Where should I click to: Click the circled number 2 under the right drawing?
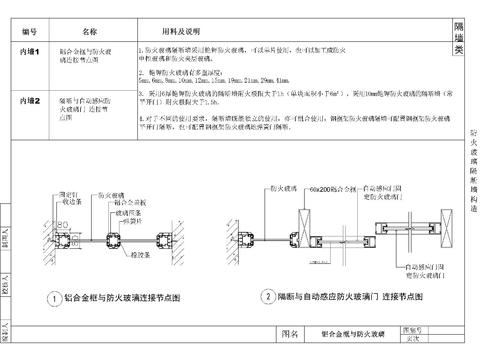[268, 297]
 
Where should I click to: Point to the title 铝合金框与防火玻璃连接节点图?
[127, 298]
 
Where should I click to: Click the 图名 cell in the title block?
[290, 332]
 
